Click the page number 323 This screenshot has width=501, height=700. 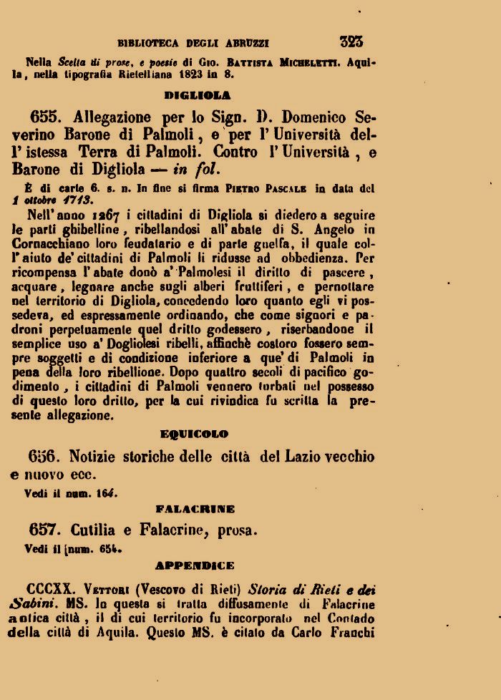[x=351, y=42]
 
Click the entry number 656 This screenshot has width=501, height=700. [x=47, y=457]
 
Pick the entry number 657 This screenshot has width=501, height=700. [x=47, y=530]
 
